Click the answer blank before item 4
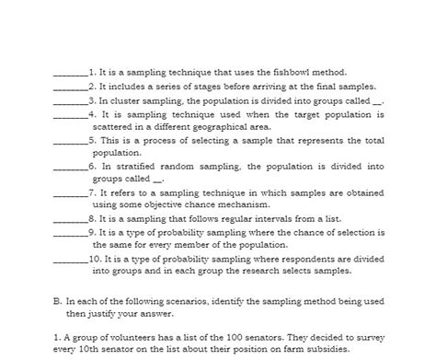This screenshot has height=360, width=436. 70,116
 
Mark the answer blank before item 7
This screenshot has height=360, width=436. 70,195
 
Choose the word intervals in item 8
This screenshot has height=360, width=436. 258,219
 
